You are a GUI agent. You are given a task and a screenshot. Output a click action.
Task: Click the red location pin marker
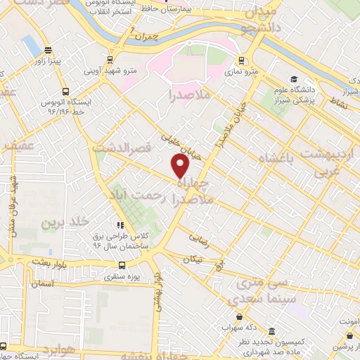[x=181, y=167]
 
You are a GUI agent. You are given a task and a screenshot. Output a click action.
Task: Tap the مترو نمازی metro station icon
[x=241, y=60]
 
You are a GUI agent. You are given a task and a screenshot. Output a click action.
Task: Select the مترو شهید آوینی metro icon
[x=109, y=60]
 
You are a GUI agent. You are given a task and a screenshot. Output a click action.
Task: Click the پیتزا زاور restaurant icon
[x=47, y=50]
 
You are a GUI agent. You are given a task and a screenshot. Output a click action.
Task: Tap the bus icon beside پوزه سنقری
[x=122, y=266]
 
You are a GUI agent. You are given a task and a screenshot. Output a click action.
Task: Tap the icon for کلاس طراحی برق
[x=120, y=226]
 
